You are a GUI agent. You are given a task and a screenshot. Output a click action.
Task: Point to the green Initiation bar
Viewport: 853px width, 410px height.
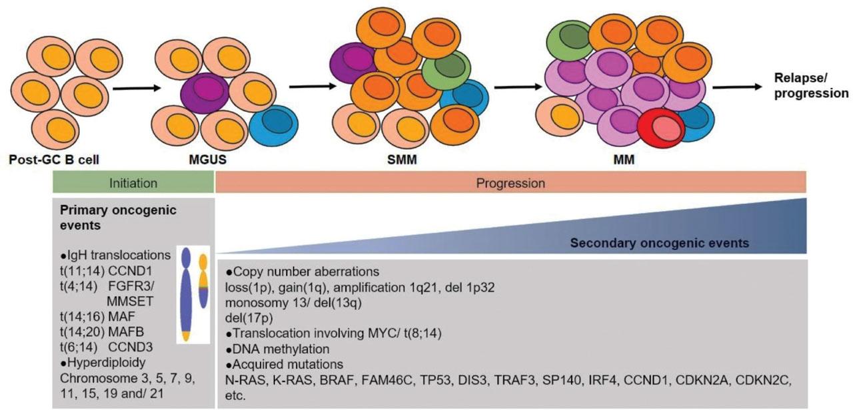click(133, 182)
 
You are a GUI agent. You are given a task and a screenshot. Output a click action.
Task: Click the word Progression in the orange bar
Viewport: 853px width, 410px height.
click(510, 182)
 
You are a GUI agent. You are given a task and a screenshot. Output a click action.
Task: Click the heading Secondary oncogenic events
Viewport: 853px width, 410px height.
click(659, 243)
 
